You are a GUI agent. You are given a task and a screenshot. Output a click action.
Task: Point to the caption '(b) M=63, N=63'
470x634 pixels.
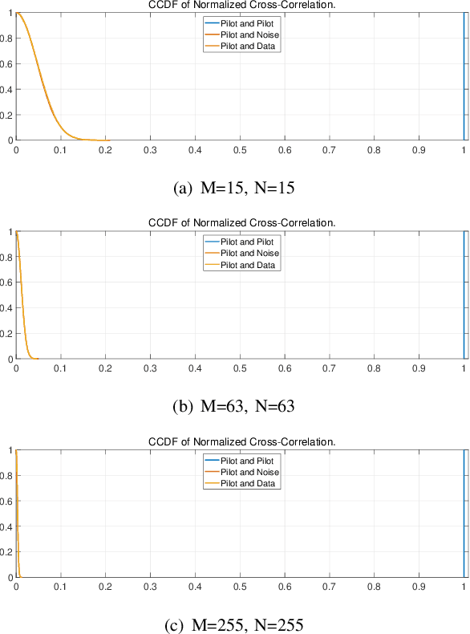pyautogui.click(x=233, y=406)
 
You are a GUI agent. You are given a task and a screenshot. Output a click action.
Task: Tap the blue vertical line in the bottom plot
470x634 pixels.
pyautogui.click(x=464, y=514)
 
